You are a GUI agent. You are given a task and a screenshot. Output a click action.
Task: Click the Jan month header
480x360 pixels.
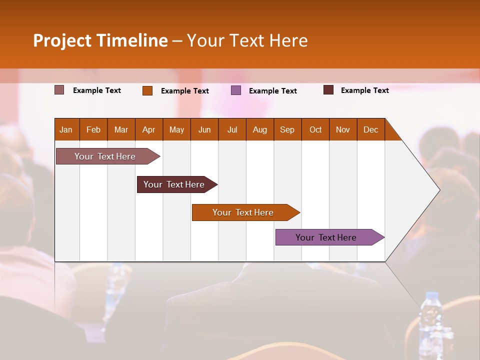66,129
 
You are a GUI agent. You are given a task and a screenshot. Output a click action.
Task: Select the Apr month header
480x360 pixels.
148,129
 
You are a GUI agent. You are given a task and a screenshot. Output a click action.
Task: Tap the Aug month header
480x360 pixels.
259,129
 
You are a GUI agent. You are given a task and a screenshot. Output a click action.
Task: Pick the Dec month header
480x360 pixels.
370,129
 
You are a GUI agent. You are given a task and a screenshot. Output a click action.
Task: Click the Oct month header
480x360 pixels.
315,129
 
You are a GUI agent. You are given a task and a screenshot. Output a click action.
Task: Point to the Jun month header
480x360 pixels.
204,129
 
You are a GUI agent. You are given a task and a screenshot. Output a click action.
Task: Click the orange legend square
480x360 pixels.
147,90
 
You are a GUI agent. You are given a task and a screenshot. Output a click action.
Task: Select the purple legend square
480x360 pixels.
236,90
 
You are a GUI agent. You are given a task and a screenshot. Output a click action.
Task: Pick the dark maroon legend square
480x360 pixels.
328,90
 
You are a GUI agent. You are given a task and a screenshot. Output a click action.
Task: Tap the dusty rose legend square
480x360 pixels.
59,90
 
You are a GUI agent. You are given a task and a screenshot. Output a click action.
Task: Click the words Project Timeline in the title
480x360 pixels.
100,40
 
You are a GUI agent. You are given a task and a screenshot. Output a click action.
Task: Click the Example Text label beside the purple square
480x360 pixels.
272,91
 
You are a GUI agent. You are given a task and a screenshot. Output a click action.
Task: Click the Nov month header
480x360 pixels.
342,129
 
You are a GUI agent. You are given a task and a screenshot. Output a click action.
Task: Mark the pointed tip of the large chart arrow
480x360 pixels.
439,190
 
